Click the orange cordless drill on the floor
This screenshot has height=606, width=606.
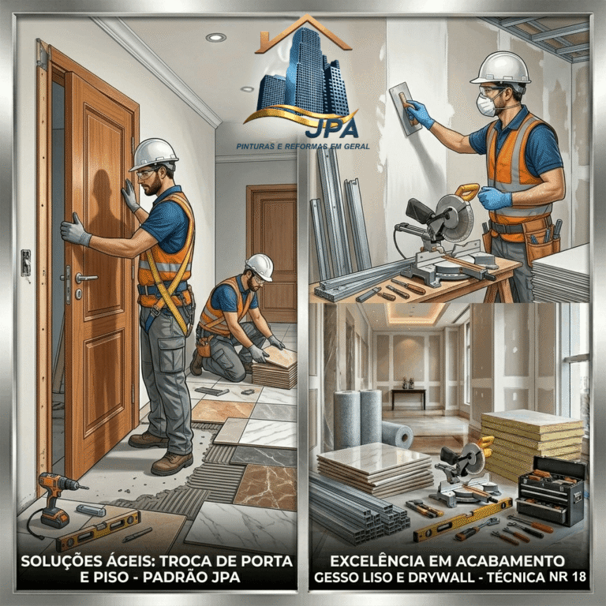coord(56,499)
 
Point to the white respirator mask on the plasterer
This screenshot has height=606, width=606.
coord(486,104)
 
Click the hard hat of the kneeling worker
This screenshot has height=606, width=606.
coord(260,266)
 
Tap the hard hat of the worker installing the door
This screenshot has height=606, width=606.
coord(153,154)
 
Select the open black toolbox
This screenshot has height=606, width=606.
coord(552,490)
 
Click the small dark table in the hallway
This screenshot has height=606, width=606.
coord(408,398)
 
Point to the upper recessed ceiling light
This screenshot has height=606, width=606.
coord(215,38)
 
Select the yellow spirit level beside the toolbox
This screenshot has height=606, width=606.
coord(463,520)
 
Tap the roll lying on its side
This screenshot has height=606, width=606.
coord(398,435)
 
